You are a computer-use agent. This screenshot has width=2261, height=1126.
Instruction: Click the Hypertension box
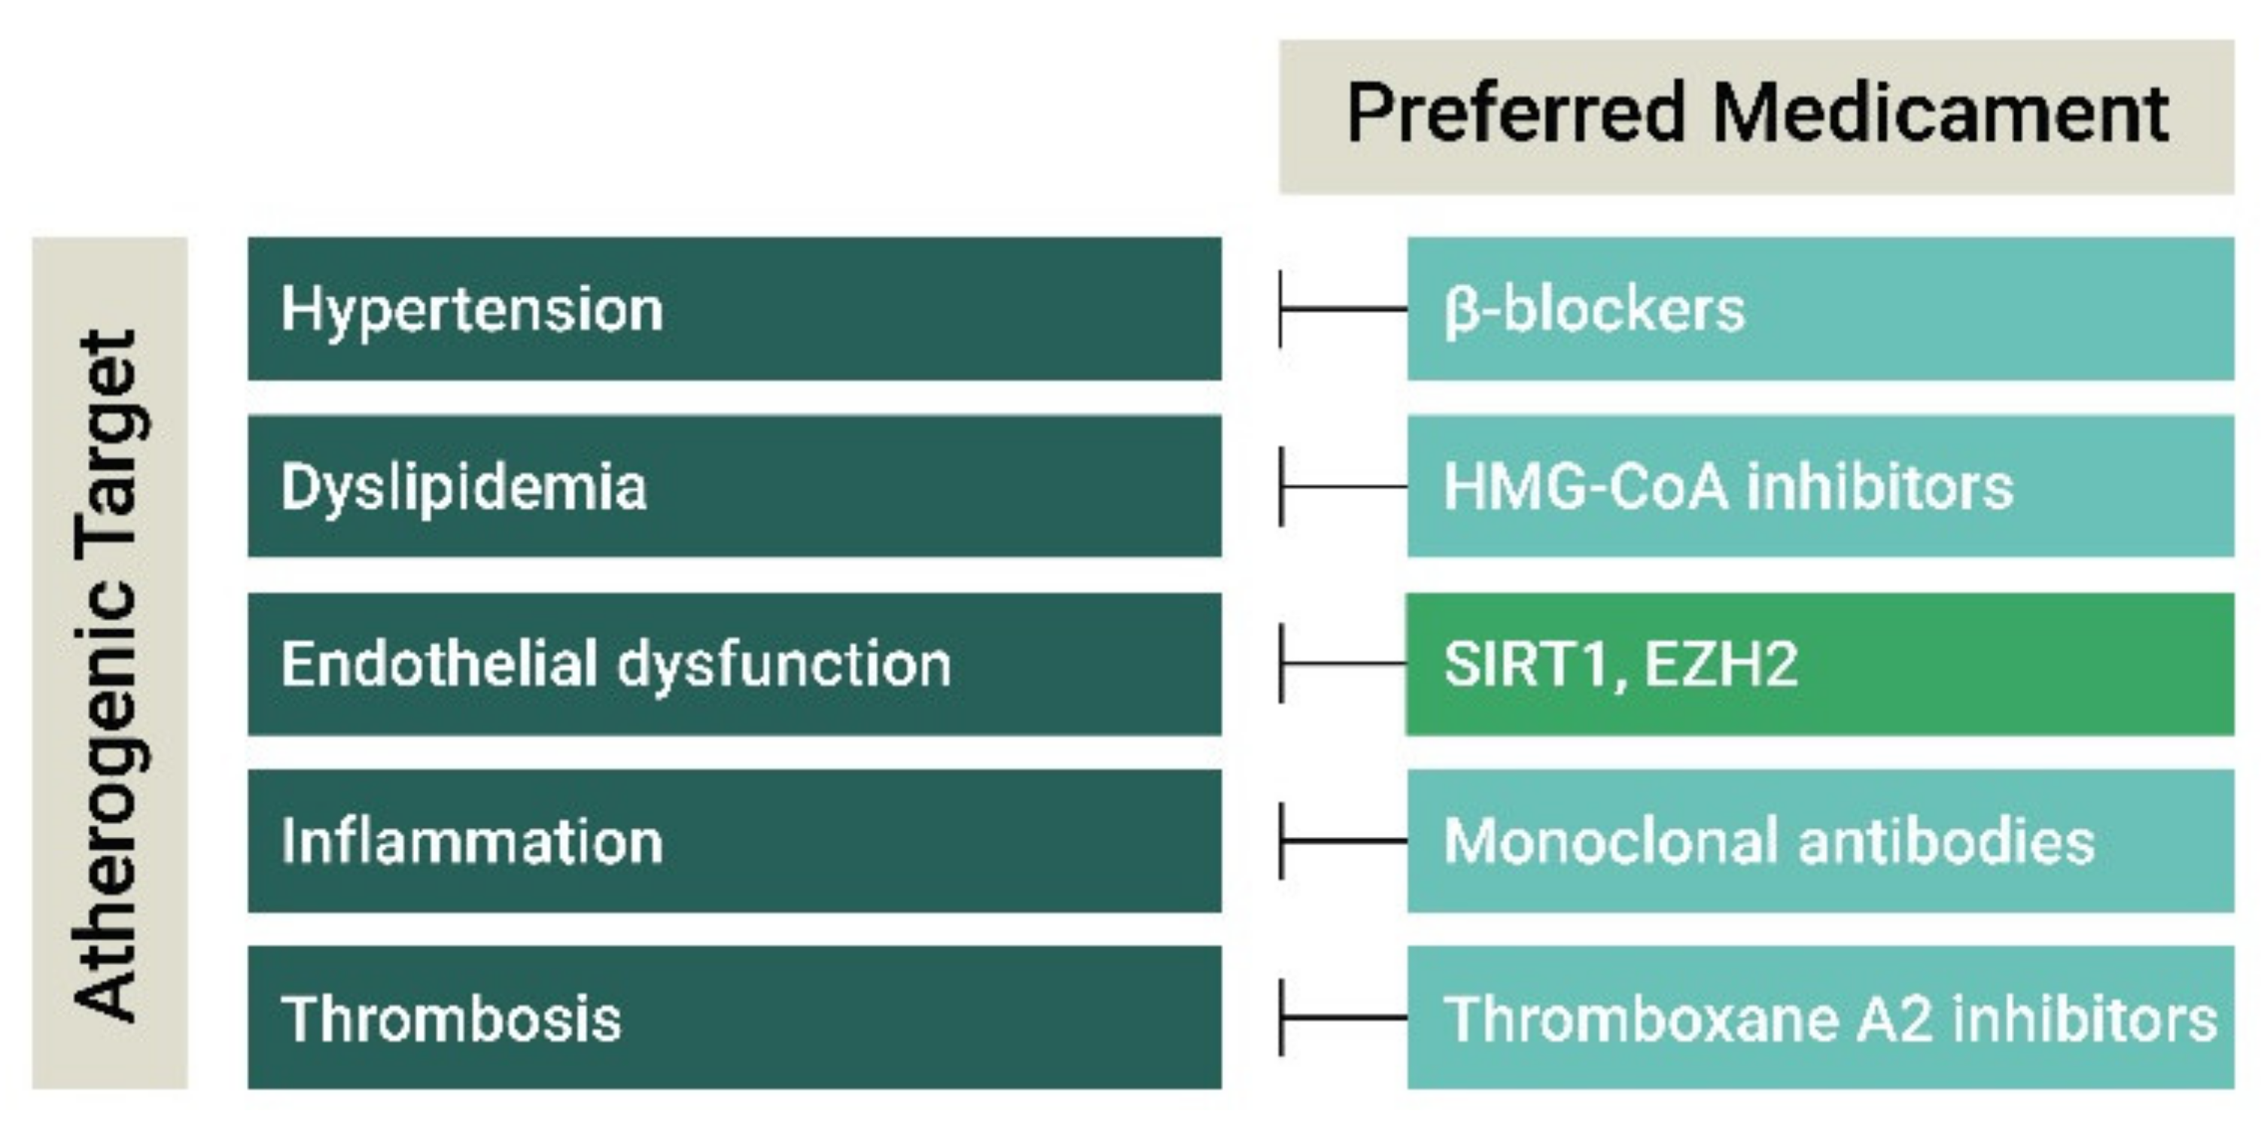tap(734, 308)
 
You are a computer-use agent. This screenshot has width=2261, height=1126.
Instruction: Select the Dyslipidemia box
tap(734, 486)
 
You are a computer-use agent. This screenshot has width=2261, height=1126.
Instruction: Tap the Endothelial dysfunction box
tap(734, 664)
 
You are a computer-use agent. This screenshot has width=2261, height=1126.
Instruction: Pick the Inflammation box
tap(734, 841)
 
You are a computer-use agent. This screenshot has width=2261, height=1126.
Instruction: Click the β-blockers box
tap(1821, 308)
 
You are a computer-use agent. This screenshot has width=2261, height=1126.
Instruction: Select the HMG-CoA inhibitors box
tap(1821, 486)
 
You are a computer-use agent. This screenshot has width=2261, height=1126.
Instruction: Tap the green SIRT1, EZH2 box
tap(1821, 664)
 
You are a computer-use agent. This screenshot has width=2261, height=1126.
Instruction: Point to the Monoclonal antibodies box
tap(1821, 841)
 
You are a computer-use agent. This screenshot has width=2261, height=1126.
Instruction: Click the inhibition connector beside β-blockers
tap(1343, 309)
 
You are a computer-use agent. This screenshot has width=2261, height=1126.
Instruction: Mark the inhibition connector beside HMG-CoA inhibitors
tap(1343, 486)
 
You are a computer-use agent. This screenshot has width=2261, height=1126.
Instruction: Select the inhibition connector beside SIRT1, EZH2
tap(1343, 664)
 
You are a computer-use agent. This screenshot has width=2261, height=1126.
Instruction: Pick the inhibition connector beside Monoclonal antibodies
tap(1343, 841)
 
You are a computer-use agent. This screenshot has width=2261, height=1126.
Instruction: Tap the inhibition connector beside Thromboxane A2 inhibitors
tap(1343, 1018)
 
